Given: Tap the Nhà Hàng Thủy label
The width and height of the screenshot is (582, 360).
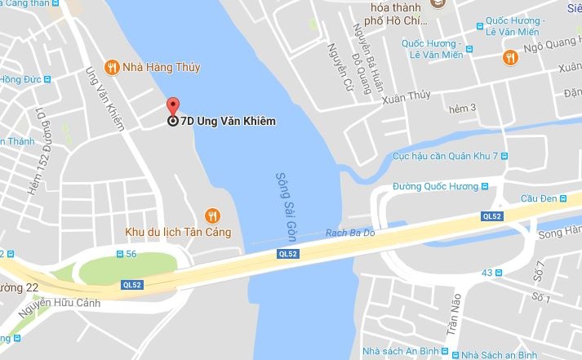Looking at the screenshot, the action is coord(162,67).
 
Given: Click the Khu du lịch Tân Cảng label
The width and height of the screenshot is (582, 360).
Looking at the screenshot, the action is coord(177,233).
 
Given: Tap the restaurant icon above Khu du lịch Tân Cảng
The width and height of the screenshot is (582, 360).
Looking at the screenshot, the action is coord(212,216).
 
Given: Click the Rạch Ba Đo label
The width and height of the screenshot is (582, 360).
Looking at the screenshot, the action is coord(349,232).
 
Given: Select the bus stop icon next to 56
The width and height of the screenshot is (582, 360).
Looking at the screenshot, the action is coord(121,255).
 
